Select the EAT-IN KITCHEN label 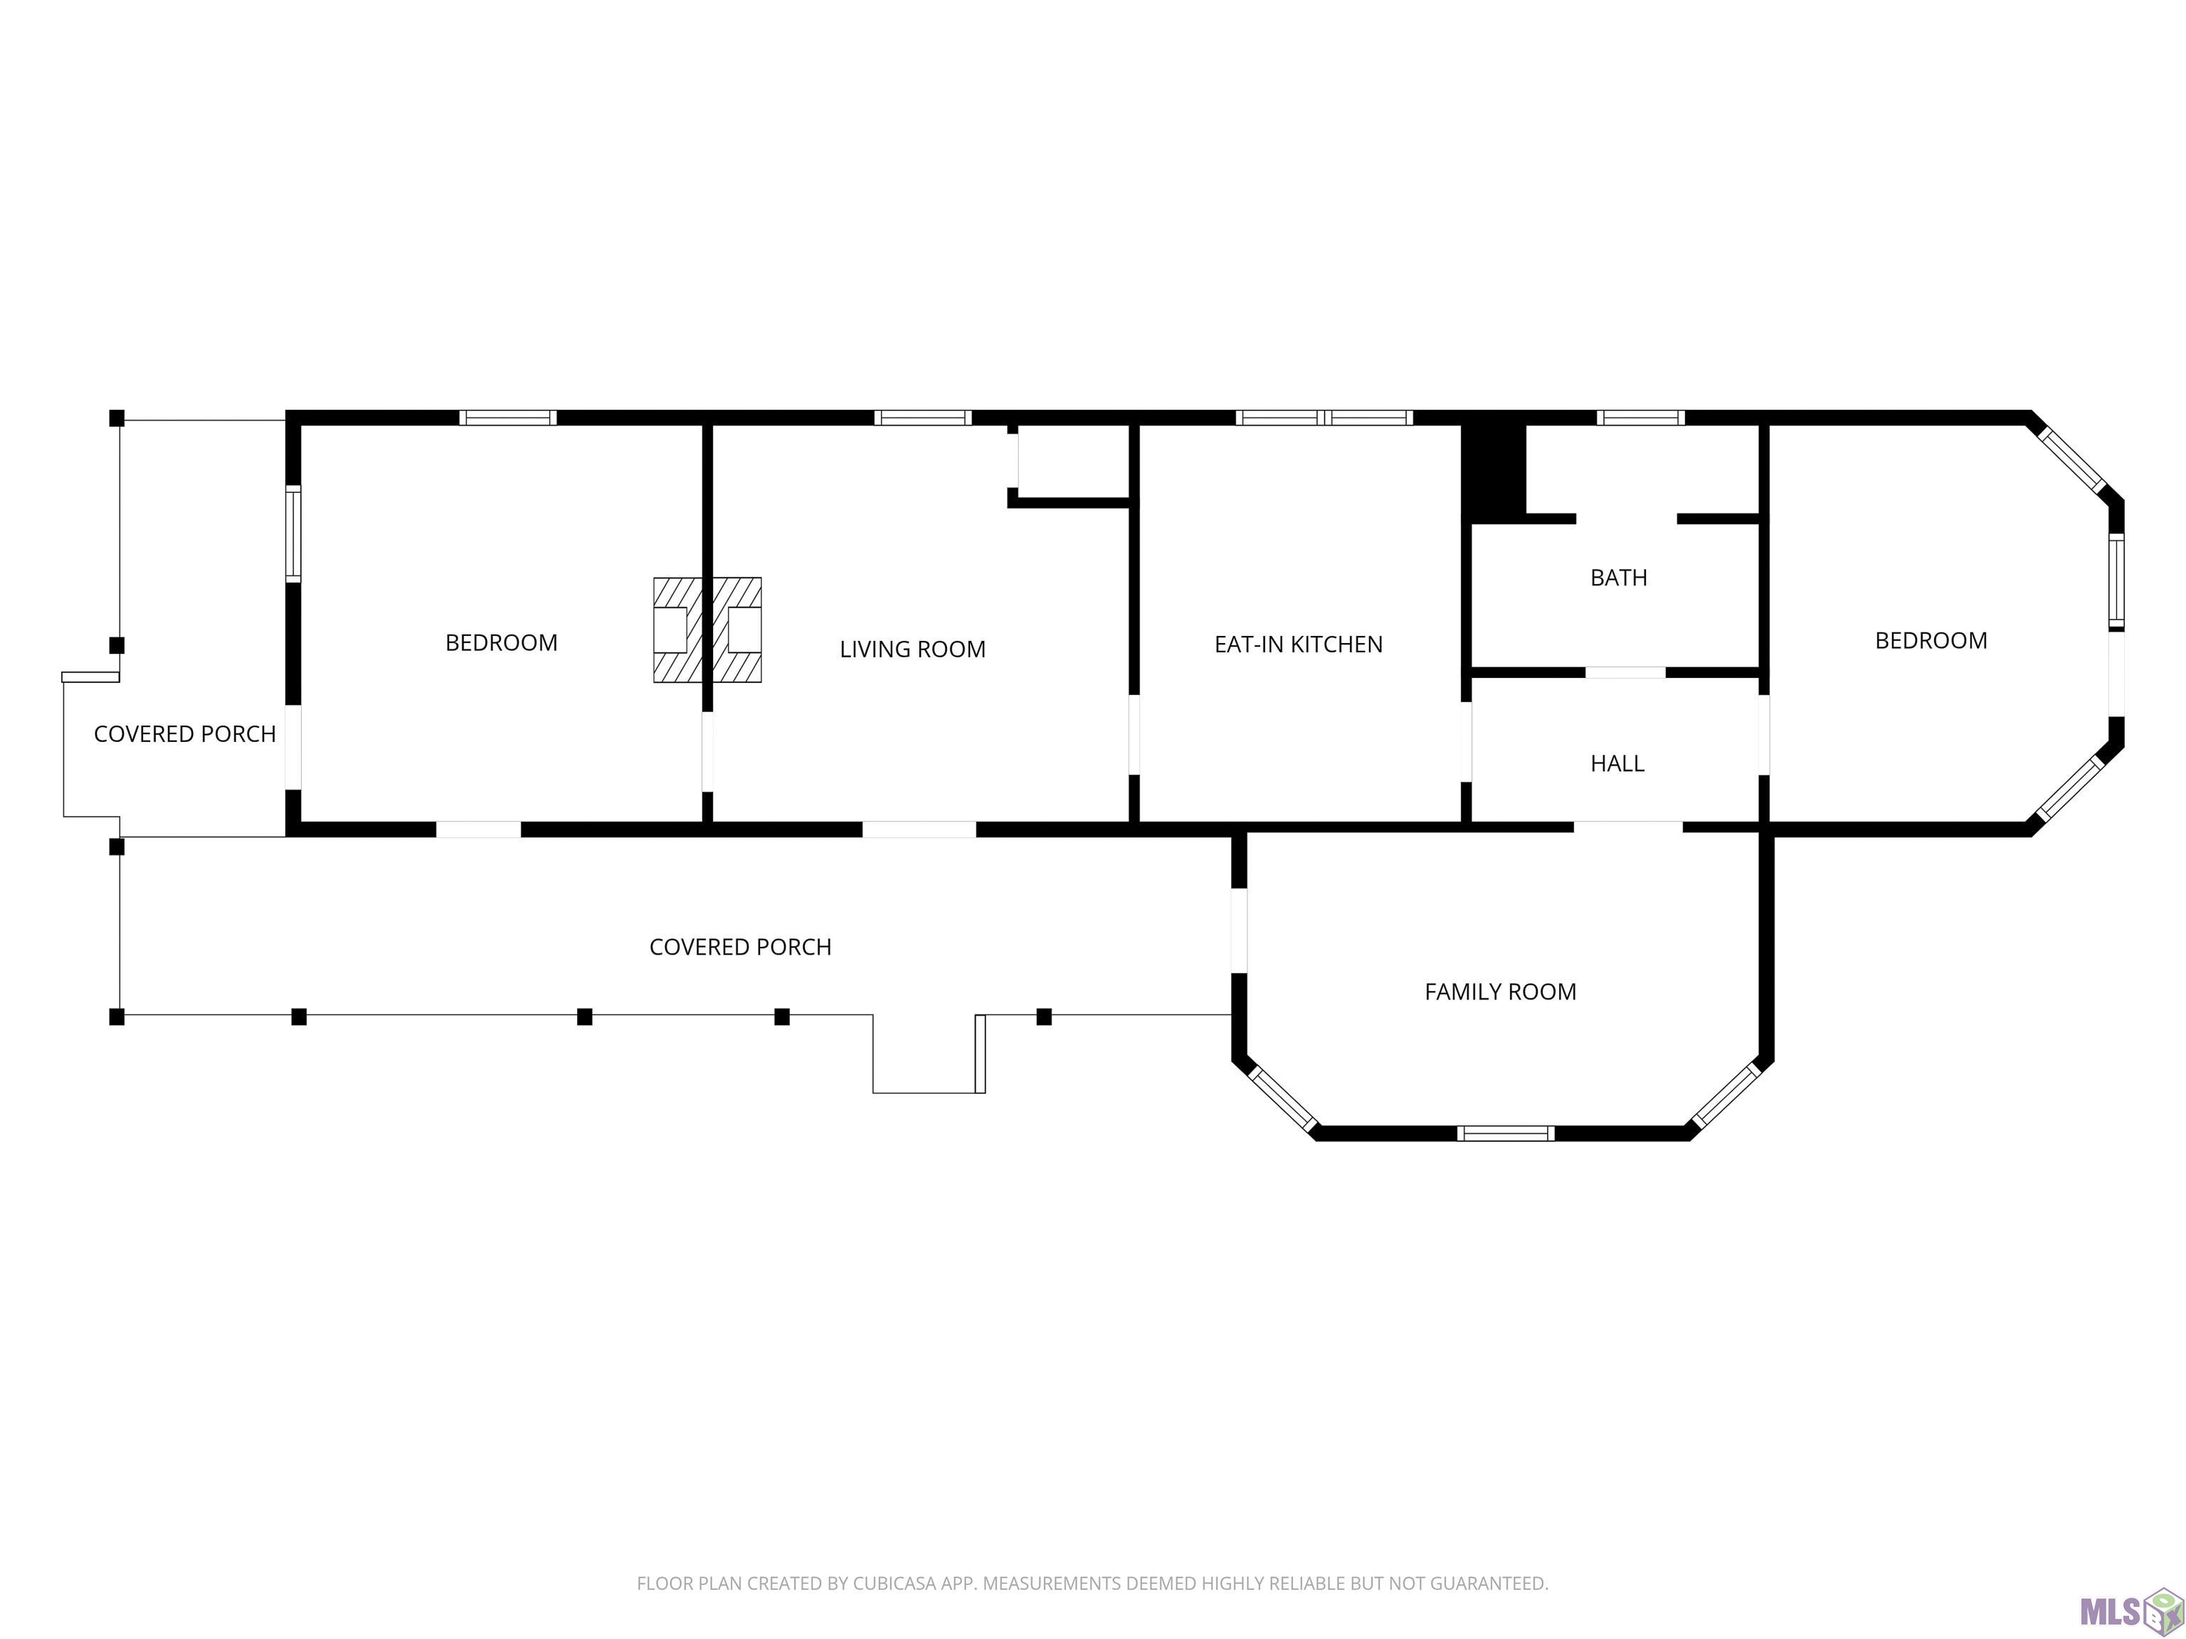point(1299,644)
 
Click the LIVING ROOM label point(912,649)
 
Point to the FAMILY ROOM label point(1500,992)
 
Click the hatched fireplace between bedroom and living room point(707,630)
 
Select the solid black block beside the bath point(1494,470)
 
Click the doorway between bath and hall point(1626,673)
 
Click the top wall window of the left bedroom point(508,418)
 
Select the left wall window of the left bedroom point(293,534)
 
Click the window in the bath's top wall point(1640,418)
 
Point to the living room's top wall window point(923,418)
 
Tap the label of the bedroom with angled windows point(1931,641)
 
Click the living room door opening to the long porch point(919,829)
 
